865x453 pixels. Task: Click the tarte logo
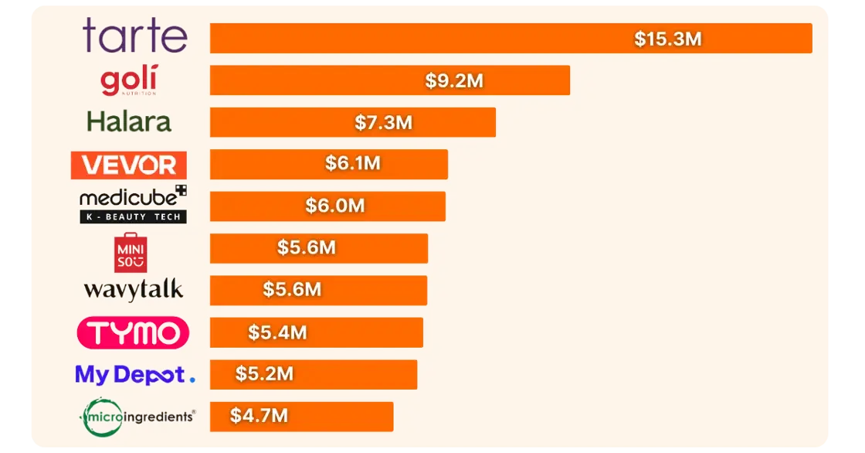pos(135,36)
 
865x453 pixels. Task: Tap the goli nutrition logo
pos(128,80)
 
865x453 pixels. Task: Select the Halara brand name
pos(129,122)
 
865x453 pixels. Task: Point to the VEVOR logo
pos(128,165)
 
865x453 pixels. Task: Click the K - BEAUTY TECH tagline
pos(133,217)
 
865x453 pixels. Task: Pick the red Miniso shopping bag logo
pos(130,252)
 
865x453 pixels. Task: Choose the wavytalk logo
pos(134,290)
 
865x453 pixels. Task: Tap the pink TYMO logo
pos(133,333)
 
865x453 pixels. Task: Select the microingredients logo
pos(138,416)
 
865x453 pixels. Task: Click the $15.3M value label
pos(668,39)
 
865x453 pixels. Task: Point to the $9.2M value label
pos(454,81)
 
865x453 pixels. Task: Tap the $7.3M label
pos(384,122)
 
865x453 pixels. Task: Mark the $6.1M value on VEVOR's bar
pos(353,164)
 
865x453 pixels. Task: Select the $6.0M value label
pos(335,206)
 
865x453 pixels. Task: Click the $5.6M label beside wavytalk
pos(292,290)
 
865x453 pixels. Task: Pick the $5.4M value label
pos(277,332)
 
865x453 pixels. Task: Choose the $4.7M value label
pos(259,416)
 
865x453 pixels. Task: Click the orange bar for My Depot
pos(355,374)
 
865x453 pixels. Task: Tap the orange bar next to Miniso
pos(378,248)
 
